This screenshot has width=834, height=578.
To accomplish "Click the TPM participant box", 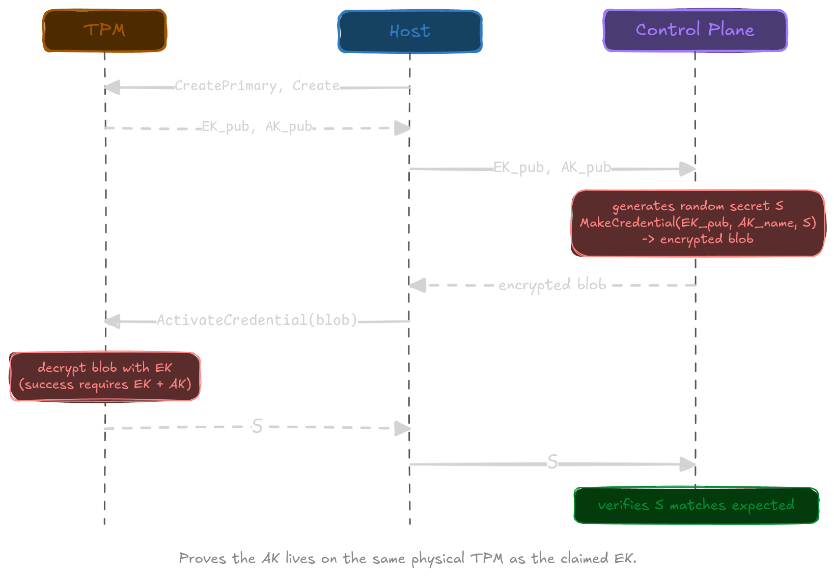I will (x=104, y=31).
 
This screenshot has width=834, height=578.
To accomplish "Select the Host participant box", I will (x=410, y=32).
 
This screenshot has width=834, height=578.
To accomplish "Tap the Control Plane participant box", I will (x=695, y=30).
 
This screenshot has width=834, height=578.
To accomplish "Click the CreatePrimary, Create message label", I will (x=257, y=86).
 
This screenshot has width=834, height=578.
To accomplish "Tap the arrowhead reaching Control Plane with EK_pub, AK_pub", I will (x=688, y=169).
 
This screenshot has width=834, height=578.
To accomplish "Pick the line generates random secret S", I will (x=698, y=206).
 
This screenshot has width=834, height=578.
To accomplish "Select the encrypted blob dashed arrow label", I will (x=552, y=285).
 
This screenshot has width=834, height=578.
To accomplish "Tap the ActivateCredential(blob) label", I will (x=257, y=320).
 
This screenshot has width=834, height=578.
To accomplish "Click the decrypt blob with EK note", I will (x=105, y=376).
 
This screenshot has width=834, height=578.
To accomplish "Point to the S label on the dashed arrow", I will (x=257, y=426).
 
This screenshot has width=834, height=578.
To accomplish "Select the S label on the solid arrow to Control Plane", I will (x=552, y=462).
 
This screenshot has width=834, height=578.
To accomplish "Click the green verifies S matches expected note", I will (x=696, y=505).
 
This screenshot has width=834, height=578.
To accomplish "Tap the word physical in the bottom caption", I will (x=437, y=559).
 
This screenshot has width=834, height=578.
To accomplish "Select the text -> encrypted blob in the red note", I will (x=698, y=239).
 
